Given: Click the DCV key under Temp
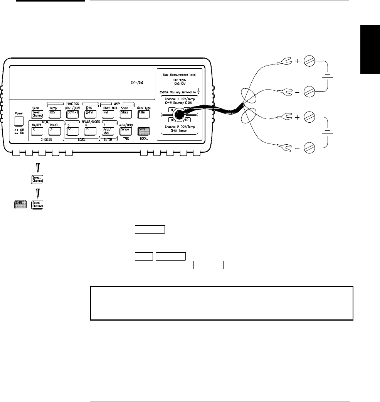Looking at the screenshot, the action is (54, 114).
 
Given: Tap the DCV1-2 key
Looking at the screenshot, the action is (72, 114).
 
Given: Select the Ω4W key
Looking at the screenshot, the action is (89, 114).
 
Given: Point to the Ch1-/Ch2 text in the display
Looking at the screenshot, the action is (137, 83).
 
